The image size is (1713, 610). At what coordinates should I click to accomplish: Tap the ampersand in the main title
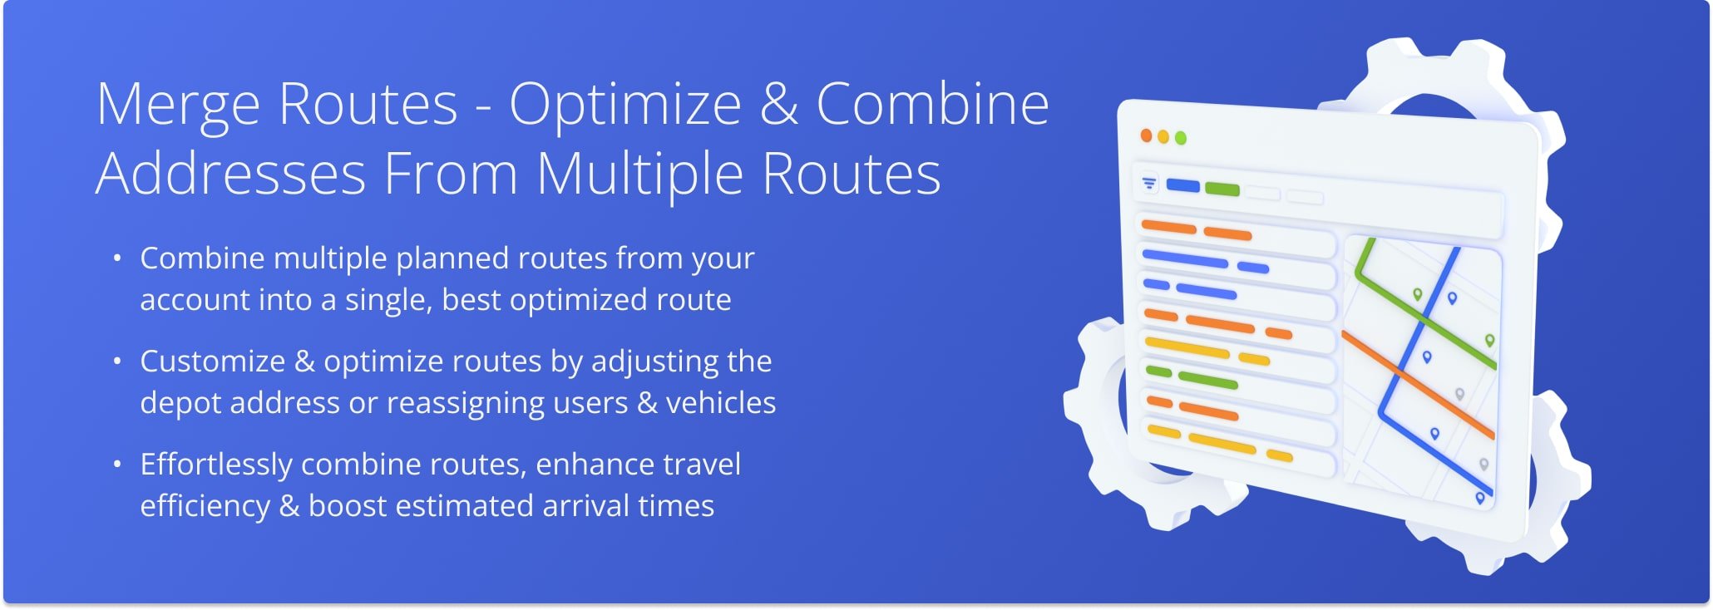coord(778,106)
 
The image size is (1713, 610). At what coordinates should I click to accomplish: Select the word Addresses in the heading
coord(230,175)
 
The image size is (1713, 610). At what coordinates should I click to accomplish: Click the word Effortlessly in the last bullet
coord(215,465)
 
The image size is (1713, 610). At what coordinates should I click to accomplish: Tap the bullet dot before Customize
coord(117,362)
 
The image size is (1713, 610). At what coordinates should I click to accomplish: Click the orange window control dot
coord(1146,135)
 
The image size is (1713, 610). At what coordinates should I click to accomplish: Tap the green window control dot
coord(1180,138)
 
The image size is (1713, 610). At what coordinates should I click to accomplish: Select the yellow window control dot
coord(1163,136)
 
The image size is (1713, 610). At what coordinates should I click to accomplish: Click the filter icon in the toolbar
coord(1149,183)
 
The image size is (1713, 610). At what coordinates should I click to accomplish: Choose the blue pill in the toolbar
coord(1182,185)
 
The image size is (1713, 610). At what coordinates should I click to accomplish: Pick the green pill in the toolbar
coord(1222,189)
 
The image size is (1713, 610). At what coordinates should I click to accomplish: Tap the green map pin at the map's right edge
coord(1489,340)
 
